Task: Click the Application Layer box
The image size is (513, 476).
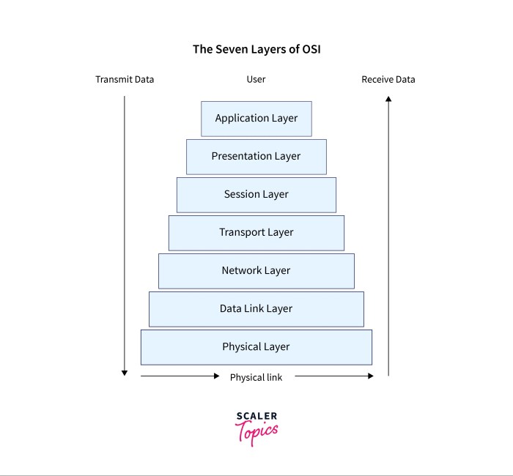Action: (256, 119)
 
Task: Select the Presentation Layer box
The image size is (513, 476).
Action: (256, 157)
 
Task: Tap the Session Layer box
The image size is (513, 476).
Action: (256, 195)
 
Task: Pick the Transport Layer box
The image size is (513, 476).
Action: (256, 233)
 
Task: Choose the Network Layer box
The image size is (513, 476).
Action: (256, 271)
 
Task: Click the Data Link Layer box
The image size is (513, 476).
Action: (256, 309)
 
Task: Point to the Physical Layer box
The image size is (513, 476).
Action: (256, 347)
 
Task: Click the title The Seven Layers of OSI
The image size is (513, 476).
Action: (256, 50)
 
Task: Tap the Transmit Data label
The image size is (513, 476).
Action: (125, 79)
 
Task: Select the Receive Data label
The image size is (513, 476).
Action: (388, 79)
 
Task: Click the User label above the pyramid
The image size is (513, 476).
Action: (256, 79)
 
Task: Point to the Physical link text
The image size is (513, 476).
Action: (256, 377)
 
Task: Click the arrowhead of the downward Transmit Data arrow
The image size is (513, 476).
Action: (125, 373)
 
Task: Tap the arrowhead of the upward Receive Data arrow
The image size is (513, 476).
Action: (388, 100)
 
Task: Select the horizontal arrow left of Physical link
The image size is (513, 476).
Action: (180, 376)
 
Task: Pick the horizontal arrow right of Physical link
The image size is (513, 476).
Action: (334, 376)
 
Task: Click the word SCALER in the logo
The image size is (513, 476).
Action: (256, 417)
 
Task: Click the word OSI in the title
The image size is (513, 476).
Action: (309, 50)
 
